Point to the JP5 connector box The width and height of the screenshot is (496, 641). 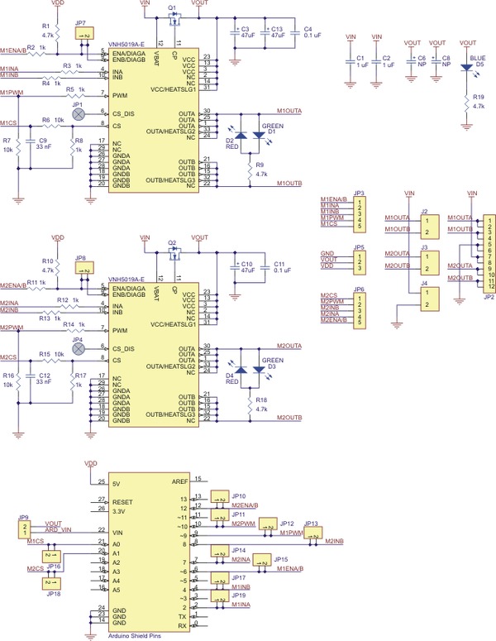(359, 262)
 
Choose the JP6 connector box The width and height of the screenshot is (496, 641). (359, 309)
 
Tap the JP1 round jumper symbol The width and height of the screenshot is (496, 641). (79, 117)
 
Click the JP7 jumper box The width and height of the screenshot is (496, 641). (84, 36)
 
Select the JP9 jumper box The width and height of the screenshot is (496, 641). (25, 529)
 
